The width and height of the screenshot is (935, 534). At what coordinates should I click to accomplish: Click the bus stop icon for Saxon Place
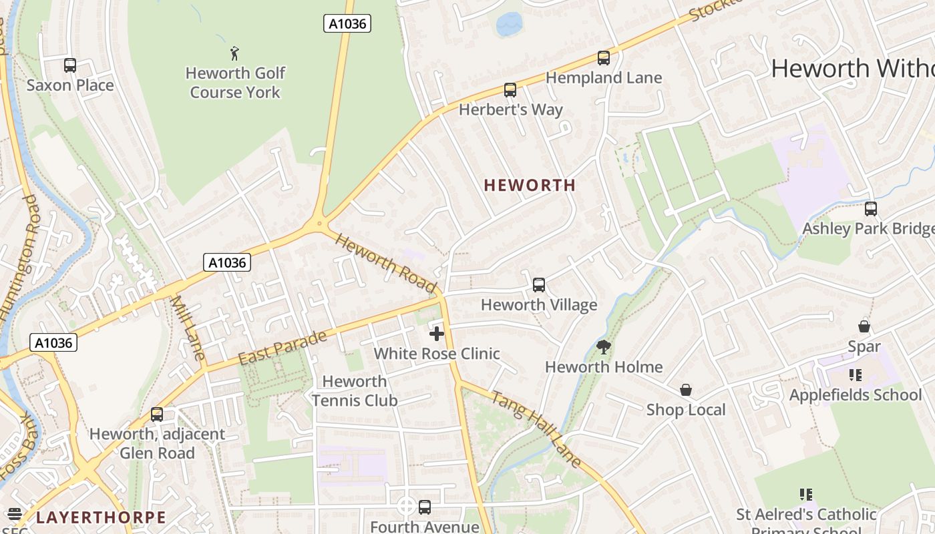pyautogui.click(x=70, y=65)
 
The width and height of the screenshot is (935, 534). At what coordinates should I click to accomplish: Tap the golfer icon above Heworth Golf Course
pyautogui.click(x=234, y=53)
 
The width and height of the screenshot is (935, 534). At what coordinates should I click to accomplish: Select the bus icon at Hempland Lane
pyautogui.click(x=604, y=58)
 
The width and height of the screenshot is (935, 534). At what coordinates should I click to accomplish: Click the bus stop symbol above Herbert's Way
pyautogui.click(x=510, y=90)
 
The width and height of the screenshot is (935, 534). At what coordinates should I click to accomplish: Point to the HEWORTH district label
pyautogui.click(x=530, y=186)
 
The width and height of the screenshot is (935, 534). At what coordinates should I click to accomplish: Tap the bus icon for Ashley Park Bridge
pyautogui.click(x=871, y=209)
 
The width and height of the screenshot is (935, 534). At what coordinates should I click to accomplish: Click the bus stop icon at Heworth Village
pyautogui.click(x=539, y=285)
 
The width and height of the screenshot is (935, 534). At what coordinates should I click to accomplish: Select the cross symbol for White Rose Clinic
pyautogui.click(x=437, y=333)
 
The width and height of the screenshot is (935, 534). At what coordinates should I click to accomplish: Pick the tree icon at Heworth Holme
pyautogui.click(x=604, y=347)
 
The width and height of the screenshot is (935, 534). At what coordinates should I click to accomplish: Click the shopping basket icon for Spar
pyautogui.click(x=864, y=326)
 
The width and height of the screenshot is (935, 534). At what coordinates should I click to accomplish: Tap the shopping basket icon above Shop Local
pyautogui.click(x=686, y=390)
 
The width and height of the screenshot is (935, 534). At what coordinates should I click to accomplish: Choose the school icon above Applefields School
pyautogui.click(x=856, y=375)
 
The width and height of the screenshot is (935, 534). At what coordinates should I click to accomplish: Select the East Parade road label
pyautogui.click(x=283, y=348)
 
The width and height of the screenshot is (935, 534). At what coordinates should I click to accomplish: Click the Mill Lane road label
pyautogui.click(x=187, y=327)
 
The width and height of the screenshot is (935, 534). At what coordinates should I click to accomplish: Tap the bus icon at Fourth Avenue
pyautogui.click(x=425, y=507)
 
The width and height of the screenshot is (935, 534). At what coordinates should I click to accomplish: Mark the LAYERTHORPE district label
pyautogui.click(x=101, y=517)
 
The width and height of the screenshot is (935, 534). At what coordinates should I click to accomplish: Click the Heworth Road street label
pyautogui.click(x=385, y=262)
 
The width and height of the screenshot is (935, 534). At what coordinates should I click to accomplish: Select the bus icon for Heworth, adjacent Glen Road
pyautogui.click(x=157, y=415)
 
